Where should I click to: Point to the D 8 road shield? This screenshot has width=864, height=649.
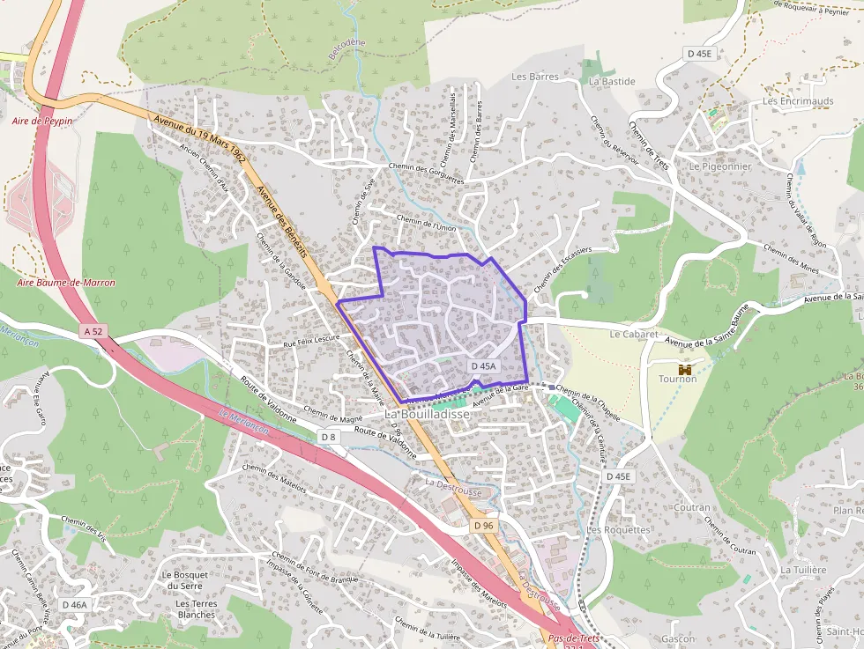pyautogui.click(x=328, y=437)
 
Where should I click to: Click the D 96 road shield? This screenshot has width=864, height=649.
pyautogui.click(x=481, y=525)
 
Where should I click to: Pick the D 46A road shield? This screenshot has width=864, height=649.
pyautogui.click(x=75, y=605)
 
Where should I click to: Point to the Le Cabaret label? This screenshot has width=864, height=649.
pyautogui.click(x=634, y=335)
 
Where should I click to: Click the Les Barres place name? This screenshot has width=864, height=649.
pyautogui.click(x=535, y=77)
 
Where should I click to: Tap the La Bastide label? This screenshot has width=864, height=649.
pyautogui.click(x=612, y=81)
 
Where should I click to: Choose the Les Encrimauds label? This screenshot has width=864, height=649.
pyautogui.click(x=798, y=101)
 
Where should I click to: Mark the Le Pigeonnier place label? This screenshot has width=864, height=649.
pyautogui.click(x=719, y=166)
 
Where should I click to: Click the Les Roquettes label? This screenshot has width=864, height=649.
pyautogui.click(x=618, y=530)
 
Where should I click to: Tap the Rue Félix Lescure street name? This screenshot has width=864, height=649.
pyautogui.click(x=310, y=339)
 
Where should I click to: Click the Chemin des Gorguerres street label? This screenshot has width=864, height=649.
pyautogui.click(x=428, y=173)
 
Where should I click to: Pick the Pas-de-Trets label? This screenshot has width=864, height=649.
pyautogui.click(x=574, y=638)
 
